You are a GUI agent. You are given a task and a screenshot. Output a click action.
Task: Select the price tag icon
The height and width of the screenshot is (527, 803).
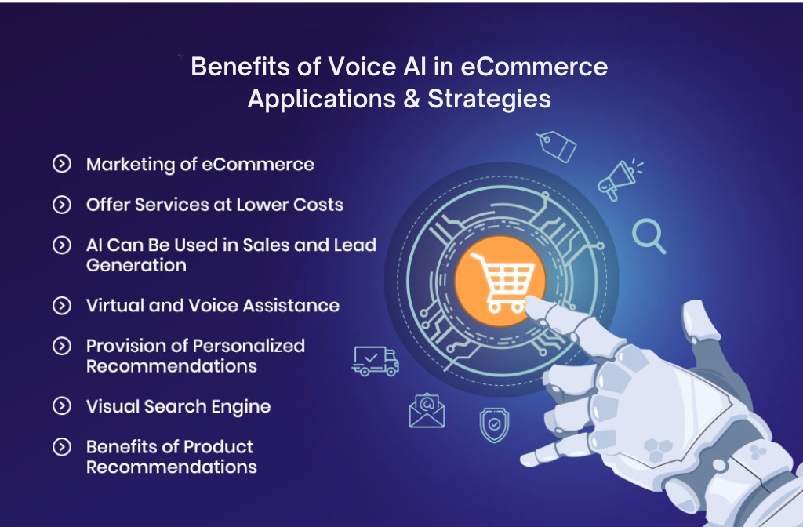pos(556,147)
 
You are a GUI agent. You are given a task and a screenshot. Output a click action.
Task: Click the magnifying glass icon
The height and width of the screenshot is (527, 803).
pos(649,236)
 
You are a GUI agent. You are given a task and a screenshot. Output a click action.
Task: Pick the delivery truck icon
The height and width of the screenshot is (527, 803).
pos(376,360)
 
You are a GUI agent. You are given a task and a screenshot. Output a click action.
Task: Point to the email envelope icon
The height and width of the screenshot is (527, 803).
pos(427,411)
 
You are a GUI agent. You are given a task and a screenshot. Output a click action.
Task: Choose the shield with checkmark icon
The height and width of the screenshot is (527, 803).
pos(494,425)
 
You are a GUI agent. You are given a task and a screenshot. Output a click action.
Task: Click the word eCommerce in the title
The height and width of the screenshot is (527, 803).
pos(534,67)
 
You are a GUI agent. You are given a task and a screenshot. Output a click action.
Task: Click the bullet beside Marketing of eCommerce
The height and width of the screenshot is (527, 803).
pos(61,164)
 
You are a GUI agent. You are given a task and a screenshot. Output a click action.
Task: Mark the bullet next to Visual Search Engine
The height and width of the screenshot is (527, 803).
pos(61,406)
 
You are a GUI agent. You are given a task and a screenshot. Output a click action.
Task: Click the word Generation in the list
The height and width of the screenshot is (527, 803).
pos(136,265)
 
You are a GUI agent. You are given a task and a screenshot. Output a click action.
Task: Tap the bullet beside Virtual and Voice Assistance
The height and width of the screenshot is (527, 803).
pos(61,306)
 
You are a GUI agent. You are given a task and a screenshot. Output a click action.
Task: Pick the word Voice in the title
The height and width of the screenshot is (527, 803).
pos(343,67)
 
